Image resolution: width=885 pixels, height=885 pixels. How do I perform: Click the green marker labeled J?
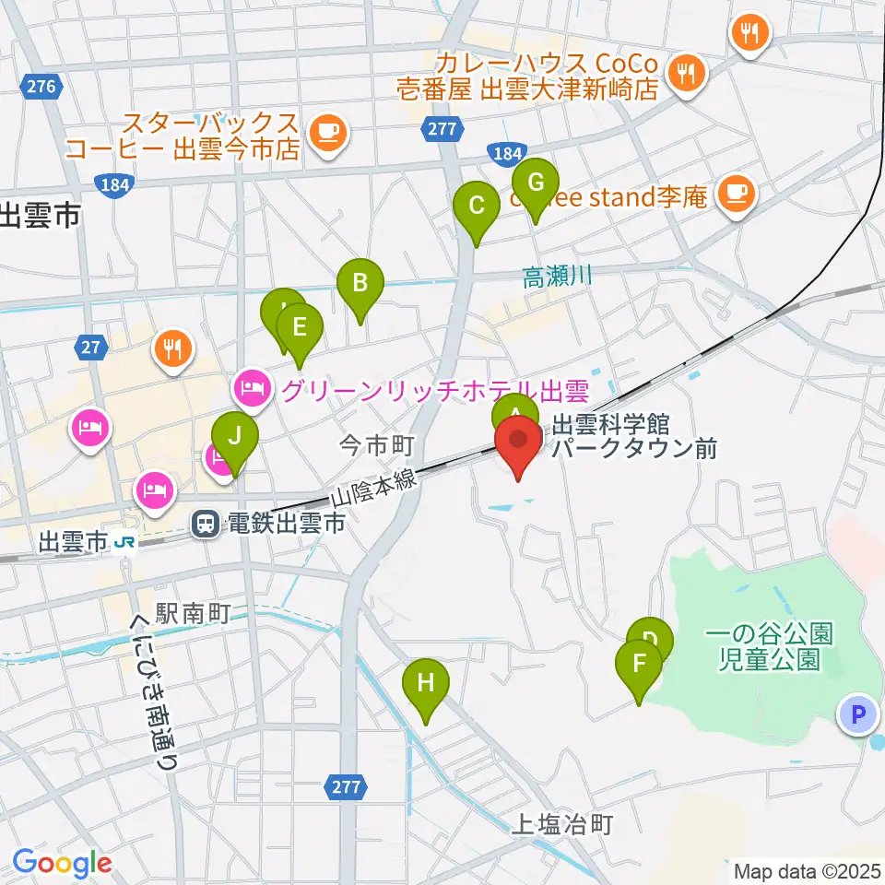tap(235, 436)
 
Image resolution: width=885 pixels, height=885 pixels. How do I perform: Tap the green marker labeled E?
tap(299, 328)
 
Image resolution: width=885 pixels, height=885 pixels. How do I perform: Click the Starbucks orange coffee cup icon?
tap(327, 132)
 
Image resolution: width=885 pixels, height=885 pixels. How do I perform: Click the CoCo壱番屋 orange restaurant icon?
tap(686, 74)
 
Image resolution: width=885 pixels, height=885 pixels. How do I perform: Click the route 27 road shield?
tap(89, 348)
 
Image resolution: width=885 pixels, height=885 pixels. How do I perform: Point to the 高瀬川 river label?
tap(557, 276)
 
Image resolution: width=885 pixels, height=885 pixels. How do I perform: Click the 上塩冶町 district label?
tap(562, 824)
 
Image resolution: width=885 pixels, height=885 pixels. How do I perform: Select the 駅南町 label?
tap(190, 612)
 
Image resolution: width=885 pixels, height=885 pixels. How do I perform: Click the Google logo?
tap(62, 862)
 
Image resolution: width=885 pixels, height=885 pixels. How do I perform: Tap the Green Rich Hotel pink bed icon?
tap(252, 391)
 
